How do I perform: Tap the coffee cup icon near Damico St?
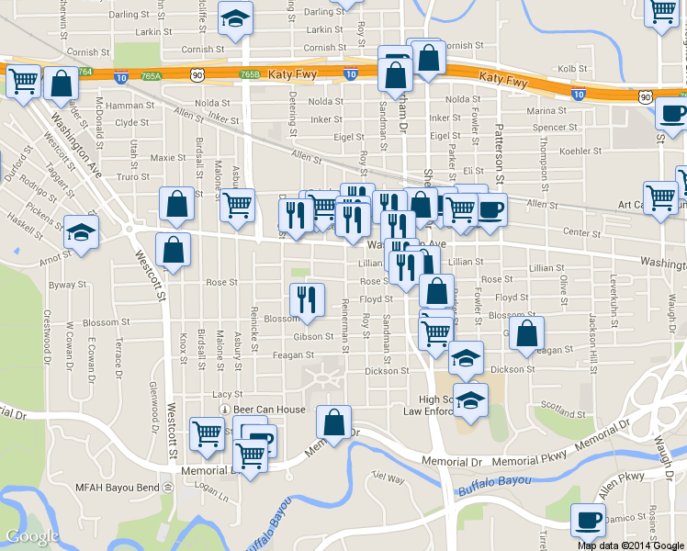[x=588, y=521]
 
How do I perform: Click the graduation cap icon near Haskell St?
[x=82, y=232]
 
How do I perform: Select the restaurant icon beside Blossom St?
[x=307, y=299]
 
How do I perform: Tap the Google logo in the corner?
[x=32, y=536]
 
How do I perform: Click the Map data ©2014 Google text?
[x=630, y=545]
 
